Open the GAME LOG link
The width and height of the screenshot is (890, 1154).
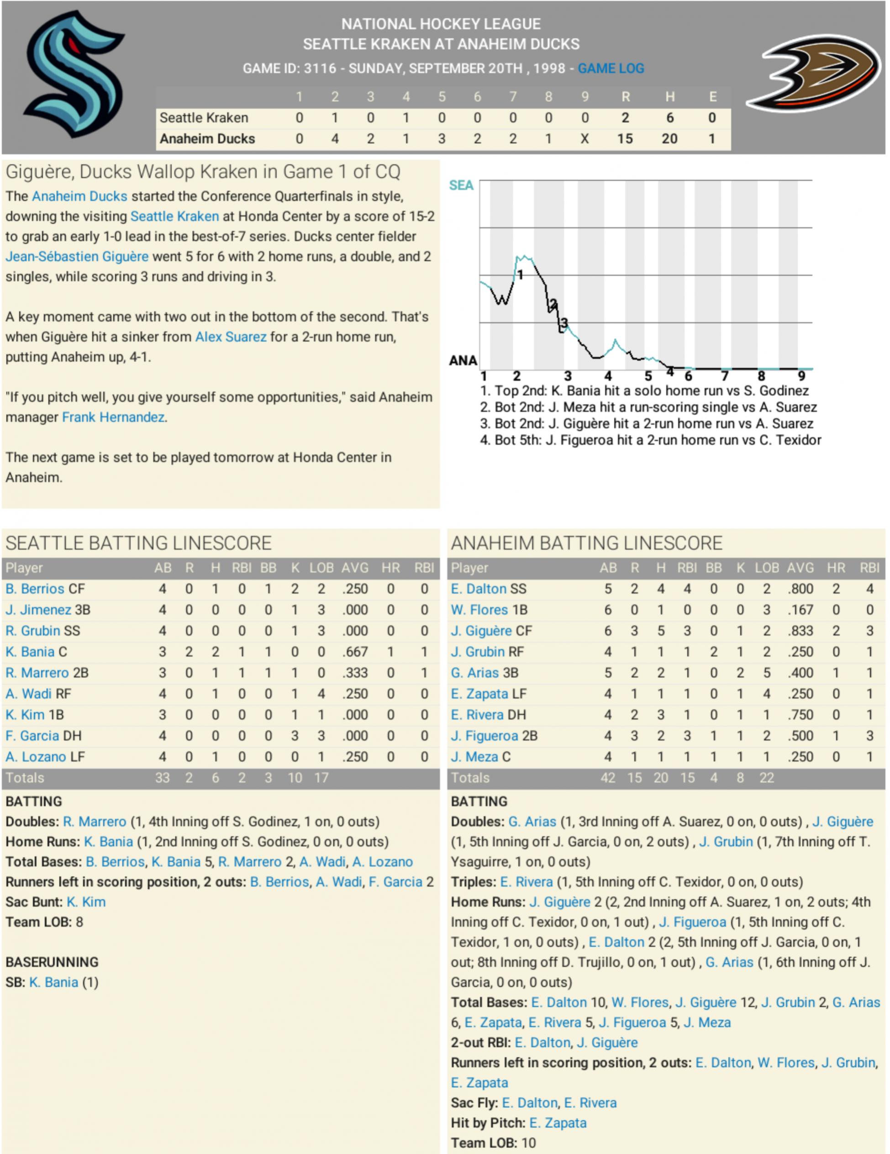click(x=611, y=68)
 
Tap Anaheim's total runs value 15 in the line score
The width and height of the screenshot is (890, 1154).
click(x=625, y=139)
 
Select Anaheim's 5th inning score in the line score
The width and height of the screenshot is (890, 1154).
click(x=441, y=139)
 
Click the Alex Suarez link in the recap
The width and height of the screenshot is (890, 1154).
click(x=231, y=337)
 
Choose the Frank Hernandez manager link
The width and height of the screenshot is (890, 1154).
click(x=113, y=417)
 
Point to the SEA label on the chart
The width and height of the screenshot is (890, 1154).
click(x=461, y=185)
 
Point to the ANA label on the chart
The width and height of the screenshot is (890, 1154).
click(x=463, y=360)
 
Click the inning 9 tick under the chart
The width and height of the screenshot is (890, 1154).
click(x=801, y=376)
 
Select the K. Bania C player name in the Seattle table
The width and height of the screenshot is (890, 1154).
click(x=37, y=652)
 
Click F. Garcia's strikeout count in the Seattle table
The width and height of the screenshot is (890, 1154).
click(x=295, y=736)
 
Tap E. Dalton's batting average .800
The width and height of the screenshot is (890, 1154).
click(x=800, y=589)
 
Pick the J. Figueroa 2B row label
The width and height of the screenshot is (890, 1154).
click(x=494, y=736)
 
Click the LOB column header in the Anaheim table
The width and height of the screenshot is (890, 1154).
click(x=766, y=568)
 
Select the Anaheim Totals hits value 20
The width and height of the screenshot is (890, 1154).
click(x=661, y=778)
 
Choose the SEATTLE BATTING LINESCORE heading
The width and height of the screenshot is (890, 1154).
click(x=138, y=543)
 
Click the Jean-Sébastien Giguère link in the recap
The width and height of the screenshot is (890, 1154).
click(x=77, y=256)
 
